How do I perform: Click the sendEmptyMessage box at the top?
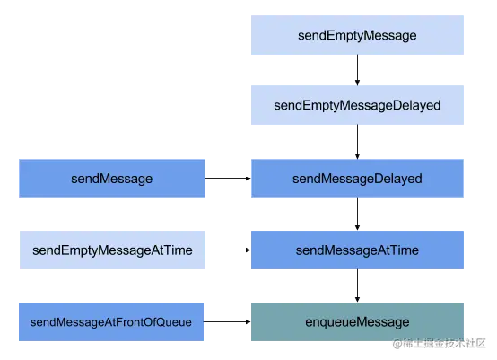click(x=358, y=36)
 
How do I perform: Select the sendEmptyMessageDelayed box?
click(x=358, y=106)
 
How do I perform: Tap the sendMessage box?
click(x=111, y=179)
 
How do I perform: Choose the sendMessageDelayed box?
click(x=358, y=179)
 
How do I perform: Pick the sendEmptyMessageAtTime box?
click(x=111, y=250)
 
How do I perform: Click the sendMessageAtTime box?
click(x=358, y=250)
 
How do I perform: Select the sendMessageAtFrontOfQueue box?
click(x=111, y=322)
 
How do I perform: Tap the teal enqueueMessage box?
click(x=358, y=322)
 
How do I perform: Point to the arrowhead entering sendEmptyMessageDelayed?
click(x=358, y=83)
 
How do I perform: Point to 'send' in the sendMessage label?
click(x=84, y=179)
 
